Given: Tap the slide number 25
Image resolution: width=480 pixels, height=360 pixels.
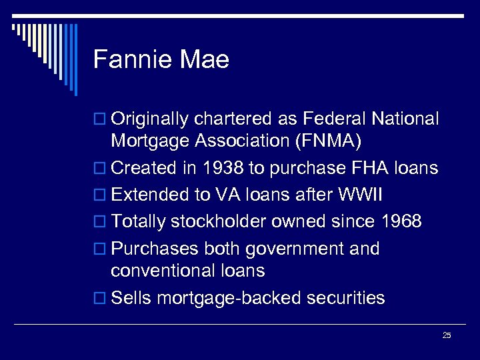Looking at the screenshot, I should point(447,335).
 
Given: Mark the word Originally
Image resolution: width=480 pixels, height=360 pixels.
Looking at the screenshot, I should point(150,119).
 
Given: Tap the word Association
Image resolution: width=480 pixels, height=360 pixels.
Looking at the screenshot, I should point(245,141).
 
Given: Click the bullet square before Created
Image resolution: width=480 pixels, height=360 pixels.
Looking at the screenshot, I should point(100,169).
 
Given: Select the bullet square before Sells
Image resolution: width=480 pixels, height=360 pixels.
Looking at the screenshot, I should point(100,298).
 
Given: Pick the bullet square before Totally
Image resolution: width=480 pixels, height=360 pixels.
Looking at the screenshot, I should point(100,222).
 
